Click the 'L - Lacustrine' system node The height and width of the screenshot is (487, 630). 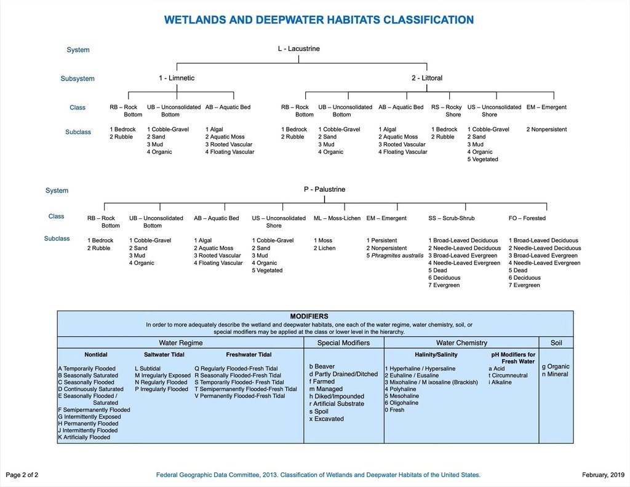coord(298,49)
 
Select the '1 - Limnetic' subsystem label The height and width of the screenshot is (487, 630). coord(177,78)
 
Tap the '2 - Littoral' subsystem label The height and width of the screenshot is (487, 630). coord(427,78)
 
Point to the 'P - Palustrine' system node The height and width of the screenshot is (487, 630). coord(324,189)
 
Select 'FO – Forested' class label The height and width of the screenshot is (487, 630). coord(527,218)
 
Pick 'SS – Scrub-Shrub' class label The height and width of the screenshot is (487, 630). coord(452,218)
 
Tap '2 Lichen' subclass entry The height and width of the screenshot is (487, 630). coord(325,248)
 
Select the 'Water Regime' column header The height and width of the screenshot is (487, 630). coord(181,342)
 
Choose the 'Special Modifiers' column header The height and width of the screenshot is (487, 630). coord(343,342)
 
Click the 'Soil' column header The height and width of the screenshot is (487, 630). coord(556,342)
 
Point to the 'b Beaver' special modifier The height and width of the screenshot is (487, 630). coord(322,366)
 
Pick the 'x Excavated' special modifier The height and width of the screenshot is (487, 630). coord(327,419)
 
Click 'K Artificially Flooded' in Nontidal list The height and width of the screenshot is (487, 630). coord(84,437)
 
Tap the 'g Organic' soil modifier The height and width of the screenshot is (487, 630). coord(556,366)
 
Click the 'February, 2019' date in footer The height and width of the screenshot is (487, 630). coord(603,475)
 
